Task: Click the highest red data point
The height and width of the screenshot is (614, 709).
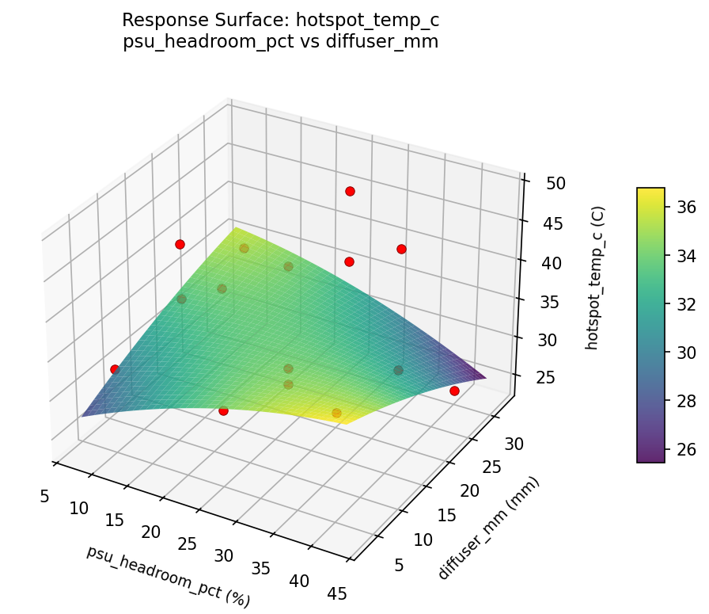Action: click(350, 191)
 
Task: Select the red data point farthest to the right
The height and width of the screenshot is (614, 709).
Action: click(454, 391)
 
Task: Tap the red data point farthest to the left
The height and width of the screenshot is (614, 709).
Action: click(115, 369)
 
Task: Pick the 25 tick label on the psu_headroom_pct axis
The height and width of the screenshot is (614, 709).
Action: click(188, 543)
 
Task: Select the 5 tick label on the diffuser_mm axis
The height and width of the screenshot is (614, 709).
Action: click(399, 564)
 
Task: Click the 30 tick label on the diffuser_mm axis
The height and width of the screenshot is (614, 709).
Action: click(514, 444)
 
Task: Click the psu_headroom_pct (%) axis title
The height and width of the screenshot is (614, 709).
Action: click(168, 576)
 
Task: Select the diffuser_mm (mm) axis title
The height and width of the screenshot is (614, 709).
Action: click(488, 528)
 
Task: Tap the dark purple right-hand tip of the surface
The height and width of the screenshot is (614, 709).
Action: click(483, 378)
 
